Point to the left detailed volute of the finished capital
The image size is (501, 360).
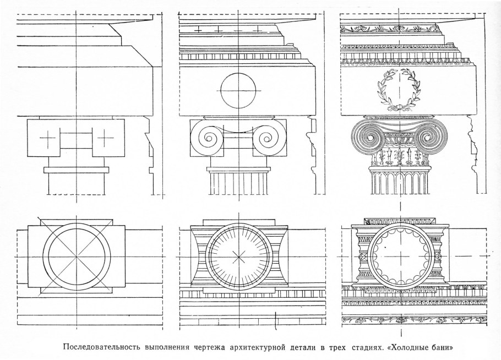(367, 137)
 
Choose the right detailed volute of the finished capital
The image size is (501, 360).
(432, 137)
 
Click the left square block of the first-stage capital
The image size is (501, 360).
(45, 138)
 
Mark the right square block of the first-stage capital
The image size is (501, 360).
(108, 138)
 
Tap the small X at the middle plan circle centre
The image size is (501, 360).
(238, 257)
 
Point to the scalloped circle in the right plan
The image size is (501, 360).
(400, 257)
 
